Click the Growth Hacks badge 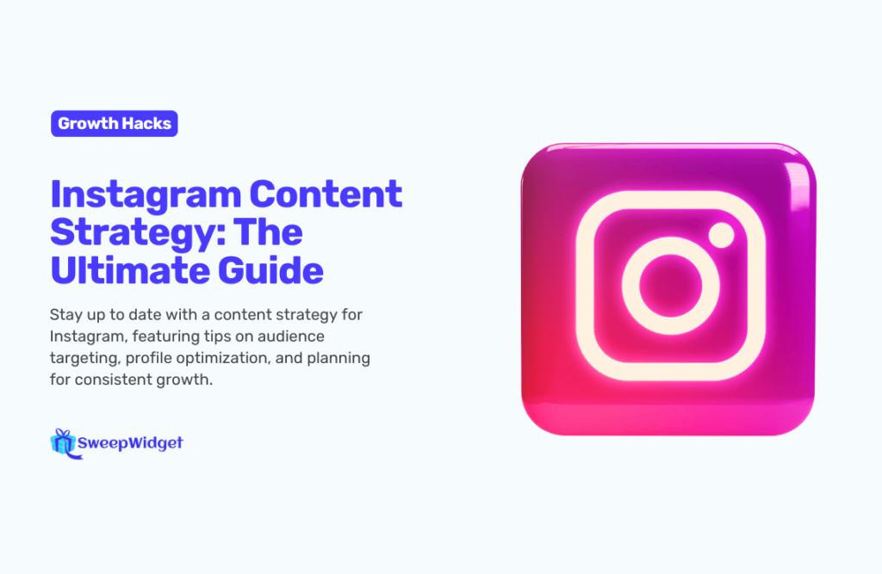115,123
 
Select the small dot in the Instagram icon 721,235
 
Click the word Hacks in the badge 146,123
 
